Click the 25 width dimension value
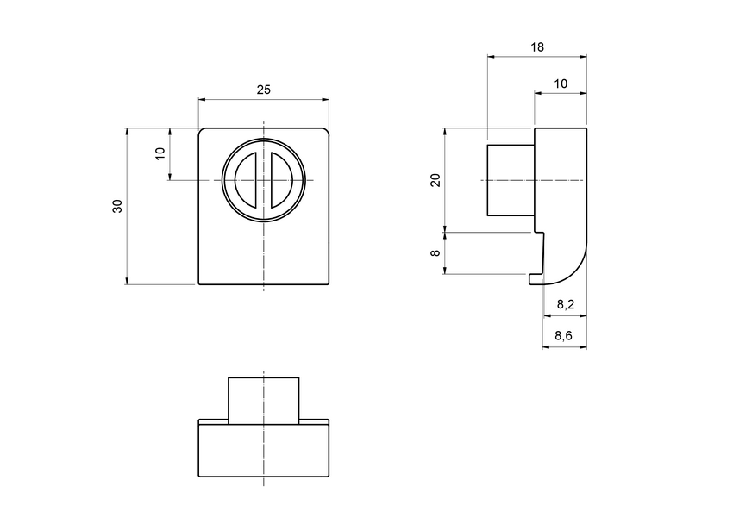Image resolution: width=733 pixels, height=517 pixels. pos(264,90)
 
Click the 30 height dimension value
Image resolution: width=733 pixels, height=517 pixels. pos(117,206)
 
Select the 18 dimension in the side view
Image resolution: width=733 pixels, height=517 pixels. pos(537,48)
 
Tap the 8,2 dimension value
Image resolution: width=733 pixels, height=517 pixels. pos(565,304)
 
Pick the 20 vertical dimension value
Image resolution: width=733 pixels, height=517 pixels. pos(435,180)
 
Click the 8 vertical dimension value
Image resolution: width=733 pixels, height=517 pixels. pos(435,253)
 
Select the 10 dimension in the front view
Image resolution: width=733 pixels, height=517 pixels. pos(160,154)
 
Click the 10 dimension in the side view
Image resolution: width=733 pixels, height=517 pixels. pos(561,84)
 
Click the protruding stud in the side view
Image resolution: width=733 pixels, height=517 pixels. pos(511,180)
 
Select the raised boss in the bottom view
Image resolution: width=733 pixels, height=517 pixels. pos(264,398)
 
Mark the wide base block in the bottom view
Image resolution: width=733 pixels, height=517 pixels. pos(264,450)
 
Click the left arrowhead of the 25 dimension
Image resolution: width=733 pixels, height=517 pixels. pos(203,100)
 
